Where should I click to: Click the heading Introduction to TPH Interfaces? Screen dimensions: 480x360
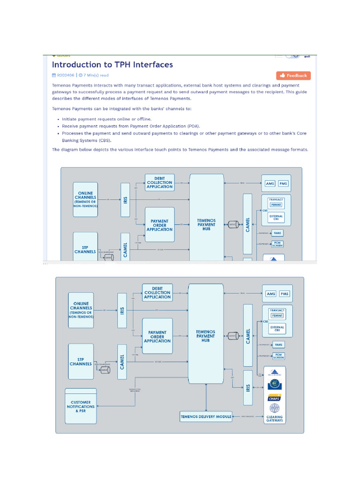(112, 65)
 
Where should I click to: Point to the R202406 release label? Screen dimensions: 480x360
(66, 75)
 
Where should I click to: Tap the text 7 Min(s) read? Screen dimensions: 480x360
(96, 75)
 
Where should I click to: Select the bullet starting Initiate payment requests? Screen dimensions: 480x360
(106, 119)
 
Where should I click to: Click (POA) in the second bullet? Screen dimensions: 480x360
(192, 126)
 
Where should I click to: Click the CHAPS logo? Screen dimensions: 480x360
(274, 398)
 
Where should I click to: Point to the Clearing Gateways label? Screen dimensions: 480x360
(274, 419)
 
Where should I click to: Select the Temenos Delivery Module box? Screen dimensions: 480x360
(206, 416)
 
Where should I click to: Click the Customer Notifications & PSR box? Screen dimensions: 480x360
(81, 406)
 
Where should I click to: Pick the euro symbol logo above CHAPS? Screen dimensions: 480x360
(274, 385)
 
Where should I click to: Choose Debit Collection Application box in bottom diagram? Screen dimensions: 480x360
(157, 292)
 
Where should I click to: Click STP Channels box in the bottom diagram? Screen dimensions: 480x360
(81, 361)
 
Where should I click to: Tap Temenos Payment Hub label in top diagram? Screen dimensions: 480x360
(206, 225)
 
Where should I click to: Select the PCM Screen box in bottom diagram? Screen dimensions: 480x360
(278, 356)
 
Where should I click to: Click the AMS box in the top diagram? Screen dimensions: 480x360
(270, 183)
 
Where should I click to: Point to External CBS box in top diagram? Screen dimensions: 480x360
(276, 217)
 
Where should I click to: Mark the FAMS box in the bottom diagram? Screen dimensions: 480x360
(278, 345)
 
